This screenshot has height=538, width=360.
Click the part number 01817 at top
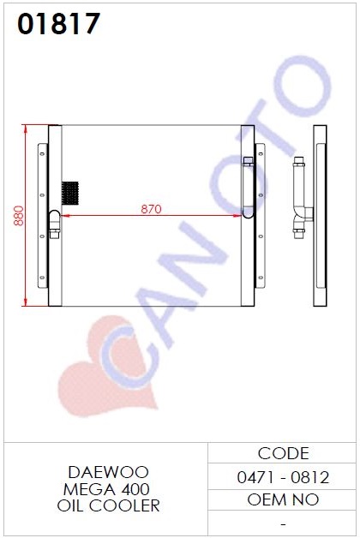(x=58, y=24)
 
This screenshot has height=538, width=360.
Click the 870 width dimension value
(x=151, y=209)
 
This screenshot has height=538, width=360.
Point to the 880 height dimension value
(x=19, y=216)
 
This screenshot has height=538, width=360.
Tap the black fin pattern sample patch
(x=70, y=194)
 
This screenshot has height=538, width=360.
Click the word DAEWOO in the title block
(x=109, y=473)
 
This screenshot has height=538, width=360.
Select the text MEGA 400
(x=106, y=489)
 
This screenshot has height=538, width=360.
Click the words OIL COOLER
(x=109, y=505)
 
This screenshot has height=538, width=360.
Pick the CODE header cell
(x=283, y=453)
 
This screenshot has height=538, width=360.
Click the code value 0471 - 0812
(x=283, y=477)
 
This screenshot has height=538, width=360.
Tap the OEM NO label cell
(x=283, y=499)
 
